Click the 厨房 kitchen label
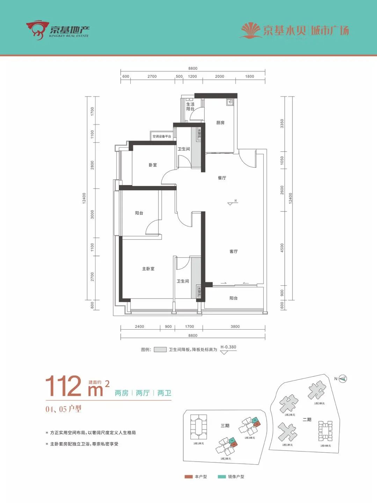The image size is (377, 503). pos(220,123)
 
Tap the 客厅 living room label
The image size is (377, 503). pos(233,252)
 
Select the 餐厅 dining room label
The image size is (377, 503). pos(222,178)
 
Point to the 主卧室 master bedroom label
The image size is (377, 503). pos(148,269)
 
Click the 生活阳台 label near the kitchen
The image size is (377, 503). pos(190,107)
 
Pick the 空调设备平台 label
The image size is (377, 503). pos(162,136)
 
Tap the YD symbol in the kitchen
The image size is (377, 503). pos(230,102)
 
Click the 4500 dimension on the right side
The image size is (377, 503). pos(282,248)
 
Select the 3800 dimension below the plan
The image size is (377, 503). pos(235,326)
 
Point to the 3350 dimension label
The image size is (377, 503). pos(282,123)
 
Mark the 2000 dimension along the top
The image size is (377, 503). pos(219,76)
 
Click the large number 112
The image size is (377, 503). pos(63,386)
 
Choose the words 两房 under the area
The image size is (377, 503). pos(122,393)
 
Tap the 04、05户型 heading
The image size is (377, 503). pos(63,409)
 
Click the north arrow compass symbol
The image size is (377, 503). pos(343,379)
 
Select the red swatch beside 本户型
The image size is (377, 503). pos(189,476)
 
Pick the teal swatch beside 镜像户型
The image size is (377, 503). pos(222,476)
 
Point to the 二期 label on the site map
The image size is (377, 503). pos(307,419)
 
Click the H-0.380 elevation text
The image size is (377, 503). pos(228,347)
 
